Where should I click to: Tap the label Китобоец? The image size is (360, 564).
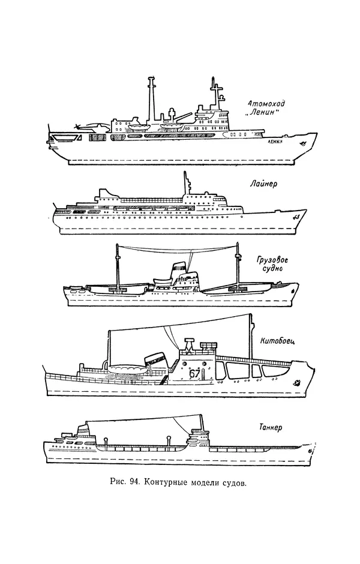277,342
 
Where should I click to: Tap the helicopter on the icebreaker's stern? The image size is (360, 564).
83,128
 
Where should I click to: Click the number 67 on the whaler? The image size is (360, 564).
194,374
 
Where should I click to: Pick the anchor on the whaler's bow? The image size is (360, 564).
295,382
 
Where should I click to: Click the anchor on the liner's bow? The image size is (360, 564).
295,217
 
